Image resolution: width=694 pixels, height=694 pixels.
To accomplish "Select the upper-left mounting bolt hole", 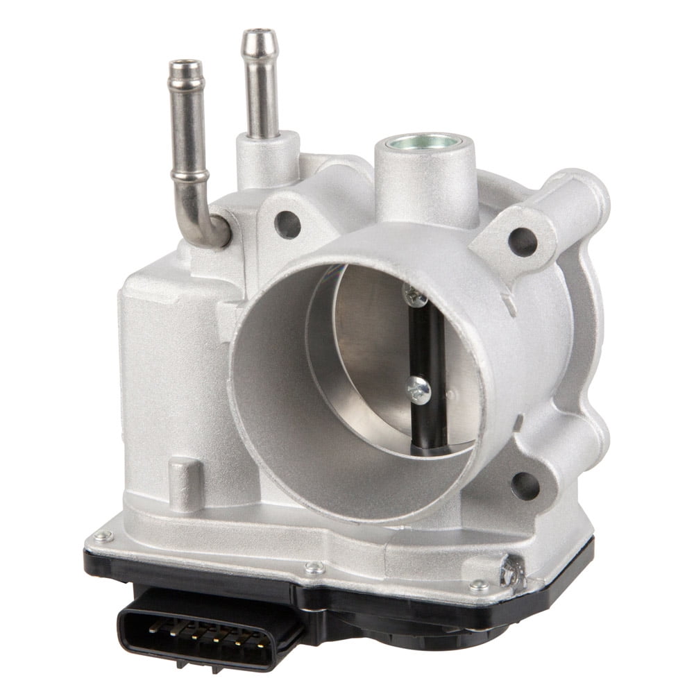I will [287, 223].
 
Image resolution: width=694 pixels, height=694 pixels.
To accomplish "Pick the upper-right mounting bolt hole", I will [523, 241].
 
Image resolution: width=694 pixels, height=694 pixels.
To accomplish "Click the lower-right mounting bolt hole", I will [525, 485].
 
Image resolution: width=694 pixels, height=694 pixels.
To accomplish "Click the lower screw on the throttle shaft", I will [418, 389].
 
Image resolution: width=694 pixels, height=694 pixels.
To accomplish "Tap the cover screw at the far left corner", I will [103, 536].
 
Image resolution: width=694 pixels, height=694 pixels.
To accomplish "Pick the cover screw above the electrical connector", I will [314, 568].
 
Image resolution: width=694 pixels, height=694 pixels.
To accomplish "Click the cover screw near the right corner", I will [479, 586].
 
